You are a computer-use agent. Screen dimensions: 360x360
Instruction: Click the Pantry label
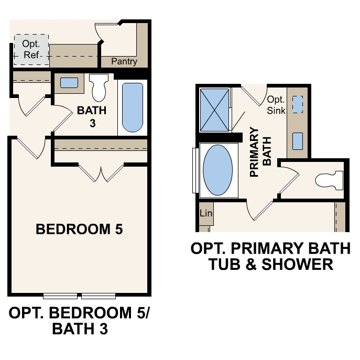tap(124, 62)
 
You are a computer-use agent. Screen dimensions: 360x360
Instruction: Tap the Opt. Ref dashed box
tap(31, 50)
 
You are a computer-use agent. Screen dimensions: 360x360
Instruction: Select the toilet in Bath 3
tap(98, 88)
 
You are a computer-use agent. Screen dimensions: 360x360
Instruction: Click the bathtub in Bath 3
tap(132, 107)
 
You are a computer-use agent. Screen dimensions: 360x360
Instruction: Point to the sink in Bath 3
tap(69, 83)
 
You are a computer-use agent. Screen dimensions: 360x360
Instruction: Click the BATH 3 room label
tap(92, 116)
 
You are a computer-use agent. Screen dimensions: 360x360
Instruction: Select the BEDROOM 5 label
tap(79, 229)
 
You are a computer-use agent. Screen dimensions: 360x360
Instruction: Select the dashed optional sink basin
tap(297, 105)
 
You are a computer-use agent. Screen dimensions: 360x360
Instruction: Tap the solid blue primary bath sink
tap(297, 141)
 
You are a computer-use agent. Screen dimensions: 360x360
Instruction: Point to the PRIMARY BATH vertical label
tap(260, 152)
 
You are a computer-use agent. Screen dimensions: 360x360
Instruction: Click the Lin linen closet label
tap(205, 214)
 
